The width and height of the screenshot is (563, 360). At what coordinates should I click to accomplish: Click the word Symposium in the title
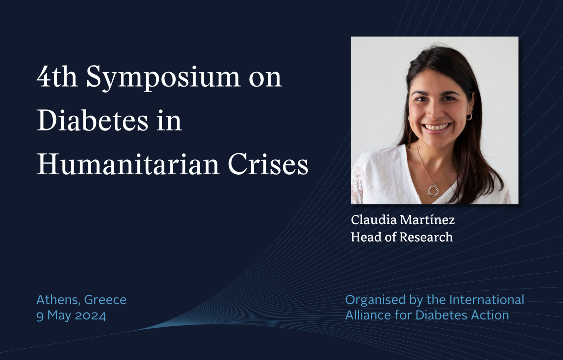coord(163,78)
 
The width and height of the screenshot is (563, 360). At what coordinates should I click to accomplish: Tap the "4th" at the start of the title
coord(57,76)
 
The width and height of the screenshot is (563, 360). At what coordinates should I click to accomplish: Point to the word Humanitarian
coord(128,164)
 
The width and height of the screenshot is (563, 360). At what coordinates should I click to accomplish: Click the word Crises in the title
coord(268,164)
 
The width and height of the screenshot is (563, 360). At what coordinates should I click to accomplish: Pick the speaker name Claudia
coord(374,220)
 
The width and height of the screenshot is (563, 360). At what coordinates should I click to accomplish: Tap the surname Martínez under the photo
coord(427,220)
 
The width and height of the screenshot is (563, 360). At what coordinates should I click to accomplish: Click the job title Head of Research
coord(402,237)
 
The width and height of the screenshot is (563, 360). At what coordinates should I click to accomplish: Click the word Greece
coord(105,300)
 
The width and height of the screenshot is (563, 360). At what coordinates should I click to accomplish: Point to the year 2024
coord(91,316)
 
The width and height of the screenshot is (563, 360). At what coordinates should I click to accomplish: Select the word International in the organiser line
coord(487,300)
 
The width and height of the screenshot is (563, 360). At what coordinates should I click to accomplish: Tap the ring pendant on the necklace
coord(432,190)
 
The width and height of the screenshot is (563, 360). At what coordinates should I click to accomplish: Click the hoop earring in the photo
coord(469,116)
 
